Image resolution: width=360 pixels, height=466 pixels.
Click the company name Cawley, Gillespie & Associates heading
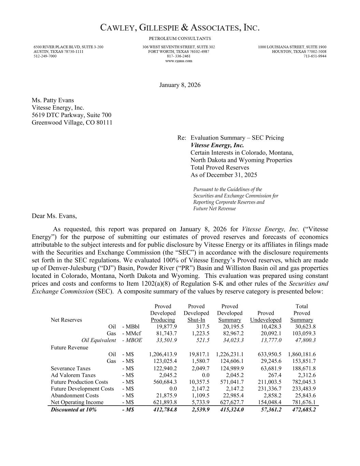[x=180, y=28]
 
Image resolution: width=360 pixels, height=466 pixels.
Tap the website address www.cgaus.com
[x=178, y=61]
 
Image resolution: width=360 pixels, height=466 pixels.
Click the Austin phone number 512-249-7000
[x=45, y=56]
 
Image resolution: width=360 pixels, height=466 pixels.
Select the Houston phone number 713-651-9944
[x=315, y=56]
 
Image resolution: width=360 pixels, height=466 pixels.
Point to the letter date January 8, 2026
[x=180, y=85]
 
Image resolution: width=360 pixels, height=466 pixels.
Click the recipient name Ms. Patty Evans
[x=53, y=100]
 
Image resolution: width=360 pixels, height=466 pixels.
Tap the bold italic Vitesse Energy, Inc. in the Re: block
[x=217, y=145]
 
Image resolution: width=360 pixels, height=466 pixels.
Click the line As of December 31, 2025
[x=224, y=175]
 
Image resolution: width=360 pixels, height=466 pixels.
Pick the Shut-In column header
[x=196, y=320]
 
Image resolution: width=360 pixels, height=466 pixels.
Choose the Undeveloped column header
[x=265, y=320]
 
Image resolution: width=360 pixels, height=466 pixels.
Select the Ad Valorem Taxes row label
[x=73, y=375]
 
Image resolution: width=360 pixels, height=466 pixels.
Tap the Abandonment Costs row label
[x=74, y=395]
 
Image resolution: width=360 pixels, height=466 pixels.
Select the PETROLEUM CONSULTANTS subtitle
[x=180, y=39]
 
